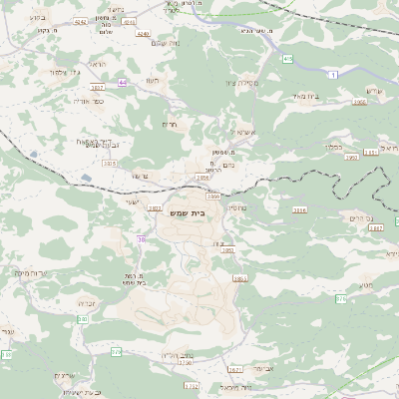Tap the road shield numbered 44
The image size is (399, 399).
click(123, 83)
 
